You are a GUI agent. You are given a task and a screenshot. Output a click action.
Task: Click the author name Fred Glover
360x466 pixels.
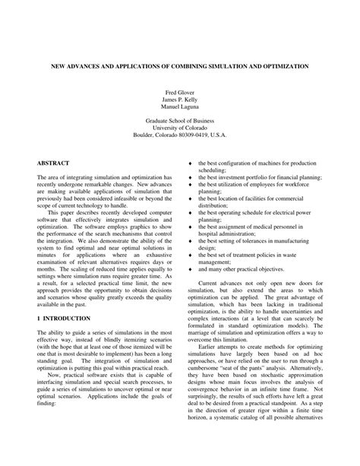pos(180,92)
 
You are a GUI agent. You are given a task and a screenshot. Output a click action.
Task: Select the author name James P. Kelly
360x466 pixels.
pos(180,100)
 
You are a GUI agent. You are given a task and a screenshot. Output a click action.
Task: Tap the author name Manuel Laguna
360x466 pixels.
pos(180,107)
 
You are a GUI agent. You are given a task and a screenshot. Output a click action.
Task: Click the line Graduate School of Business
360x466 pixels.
pos(180,121)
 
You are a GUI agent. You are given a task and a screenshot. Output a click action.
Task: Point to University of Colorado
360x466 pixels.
pos(180,128)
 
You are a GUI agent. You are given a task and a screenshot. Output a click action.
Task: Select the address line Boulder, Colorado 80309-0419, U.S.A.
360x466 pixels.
pos(180,136)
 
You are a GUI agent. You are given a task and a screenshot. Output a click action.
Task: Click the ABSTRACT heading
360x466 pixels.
pos(53,163)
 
